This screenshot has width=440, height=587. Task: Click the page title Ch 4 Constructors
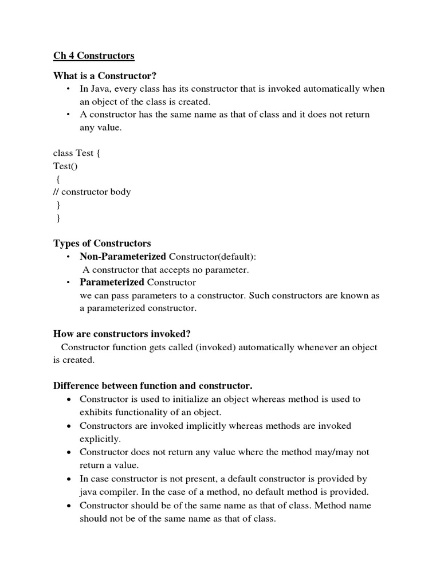(94, 56)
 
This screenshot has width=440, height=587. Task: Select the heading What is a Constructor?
(105, 76)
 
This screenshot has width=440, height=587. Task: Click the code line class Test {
(77, 152)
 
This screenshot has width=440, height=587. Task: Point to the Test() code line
(65, 166)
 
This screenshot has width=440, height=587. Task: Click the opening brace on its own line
(58, 179)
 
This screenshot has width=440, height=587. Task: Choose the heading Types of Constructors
(102, 244)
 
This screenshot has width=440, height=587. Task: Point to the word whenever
(328, 347)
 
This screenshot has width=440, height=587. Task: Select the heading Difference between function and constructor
(153, 385)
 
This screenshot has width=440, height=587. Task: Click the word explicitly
(100, 439)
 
